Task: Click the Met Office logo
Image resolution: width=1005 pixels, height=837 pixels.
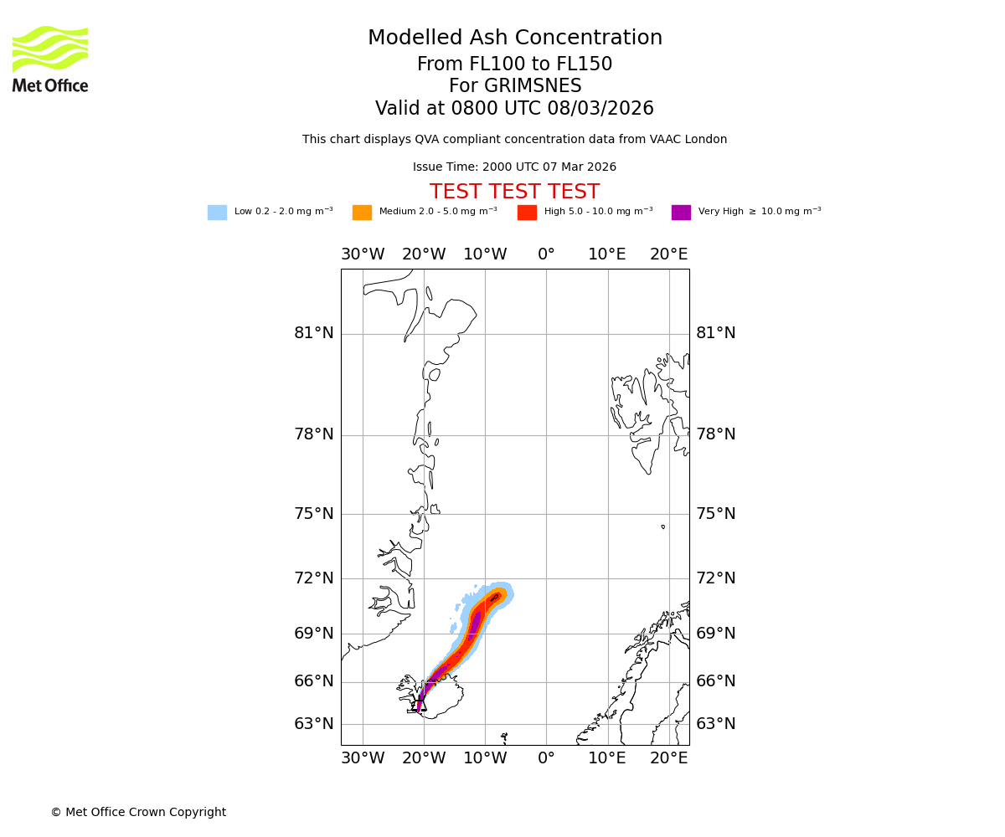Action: pos(50,59)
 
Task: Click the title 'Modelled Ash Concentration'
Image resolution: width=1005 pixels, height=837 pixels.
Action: pos(515,38)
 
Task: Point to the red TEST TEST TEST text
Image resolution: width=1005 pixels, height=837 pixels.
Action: pos(514,192)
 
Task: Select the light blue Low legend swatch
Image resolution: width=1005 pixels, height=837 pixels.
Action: pos(217,212)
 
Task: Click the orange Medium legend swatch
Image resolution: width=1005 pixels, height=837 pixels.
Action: pos(362,212)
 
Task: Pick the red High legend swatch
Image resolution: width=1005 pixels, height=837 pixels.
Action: pos(527,212)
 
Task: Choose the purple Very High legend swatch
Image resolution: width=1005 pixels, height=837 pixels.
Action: pos(681,212)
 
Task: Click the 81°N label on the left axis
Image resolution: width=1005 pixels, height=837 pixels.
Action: pos(313,333)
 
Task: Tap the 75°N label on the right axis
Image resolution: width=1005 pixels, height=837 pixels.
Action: pos(716,514)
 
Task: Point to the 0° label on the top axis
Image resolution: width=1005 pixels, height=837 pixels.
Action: pos(546,254)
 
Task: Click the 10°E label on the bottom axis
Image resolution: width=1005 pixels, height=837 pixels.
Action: pos(607,758)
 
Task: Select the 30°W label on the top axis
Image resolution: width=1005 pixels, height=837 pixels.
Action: pos(363,254)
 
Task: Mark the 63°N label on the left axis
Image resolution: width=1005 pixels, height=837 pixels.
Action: pos(313,724)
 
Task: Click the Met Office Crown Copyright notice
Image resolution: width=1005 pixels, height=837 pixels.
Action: pos(138,812)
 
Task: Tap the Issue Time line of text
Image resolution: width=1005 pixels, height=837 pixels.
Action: pos(514,167)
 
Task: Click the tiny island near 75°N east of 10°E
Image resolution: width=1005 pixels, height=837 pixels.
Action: pos(662,526)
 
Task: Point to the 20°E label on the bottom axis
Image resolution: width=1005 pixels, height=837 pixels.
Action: pos(669,758)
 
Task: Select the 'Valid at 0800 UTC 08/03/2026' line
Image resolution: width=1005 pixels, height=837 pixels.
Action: pos(514,109)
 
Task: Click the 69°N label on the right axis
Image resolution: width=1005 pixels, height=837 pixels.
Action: pos(716,634)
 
